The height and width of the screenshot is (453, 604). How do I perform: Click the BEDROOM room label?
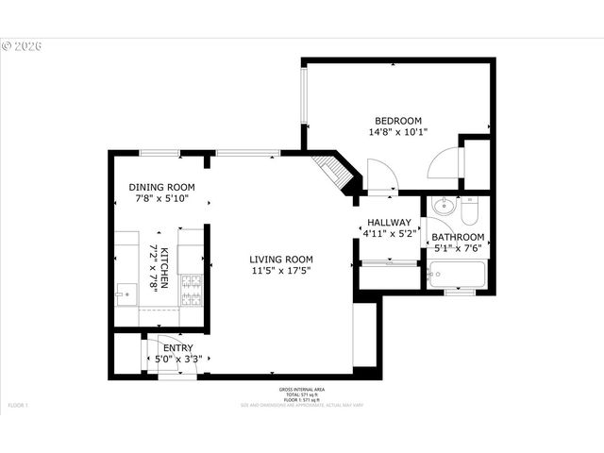(398, 120)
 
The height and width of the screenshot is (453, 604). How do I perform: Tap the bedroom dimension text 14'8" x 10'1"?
(398, 132)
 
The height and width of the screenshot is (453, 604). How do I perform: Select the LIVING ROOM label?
(281, 260)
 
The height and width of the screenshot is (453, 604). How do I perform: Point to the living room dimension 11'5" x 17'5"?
(281, 272)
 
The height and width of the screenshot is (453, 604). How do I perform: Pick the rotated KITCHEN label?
(163, 267)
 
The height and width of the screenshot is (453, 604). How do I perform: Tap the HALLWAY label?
(389, 223)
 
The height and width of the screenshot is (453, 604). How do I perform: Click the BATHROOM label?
(458, 237)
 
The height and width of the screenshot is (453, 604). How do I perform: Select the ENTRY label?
(178, 348)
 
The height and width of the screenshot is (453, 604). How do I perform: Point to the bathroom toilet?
(471, 207)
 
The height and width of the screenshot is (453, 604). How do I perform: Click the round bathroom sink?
(443, 206)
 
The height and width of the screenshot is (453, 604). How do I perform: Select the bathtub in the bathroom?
(456, 276)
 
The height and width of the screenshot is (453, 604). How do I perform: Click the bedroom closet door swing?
(442, 166)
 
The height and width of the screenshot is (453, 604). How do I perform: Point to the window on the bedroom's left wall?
(304, 94)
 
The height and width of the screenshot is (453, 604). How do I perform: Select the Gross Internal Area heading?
(302, 390)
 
